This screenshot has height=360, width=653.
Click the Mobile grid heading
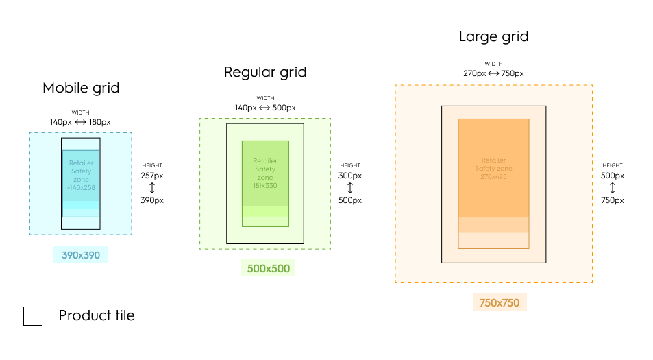pyautogui.click(x=81, y=88)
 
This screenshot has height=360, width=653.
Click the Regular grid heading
pyautogui.click(x=265, y=72)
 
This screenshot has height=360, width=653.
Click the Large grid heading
pyautogui.click(x=493, y=36)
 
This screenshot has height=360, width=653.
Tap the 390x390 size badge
pyautogui.click(x=81, y=255)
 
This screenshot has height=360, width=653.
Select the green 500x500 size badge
pyautogui.click(x=268, y=268)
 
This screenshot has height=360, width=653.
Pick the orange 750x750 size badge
pyautogui.click(x=500, y=302)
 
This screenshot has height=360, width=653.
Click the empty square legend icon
pyautogui.click(x=33, y=315)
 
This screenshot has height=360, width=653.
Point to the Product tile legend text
pyautogui.click(x=97, y=315)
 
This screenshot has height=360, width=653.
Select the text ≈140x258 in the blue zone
pyautogui.click(x=81, y=187)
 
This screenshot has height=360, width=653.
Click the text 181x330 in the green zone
pyautogui.click(x=265, y=185)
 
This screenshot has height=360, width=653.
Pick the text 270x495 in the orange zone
pyautogui.click(x=493, y=176)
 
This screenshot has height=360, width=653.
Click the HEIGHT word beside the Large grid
pyautogui.click(x=613, y=165)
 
